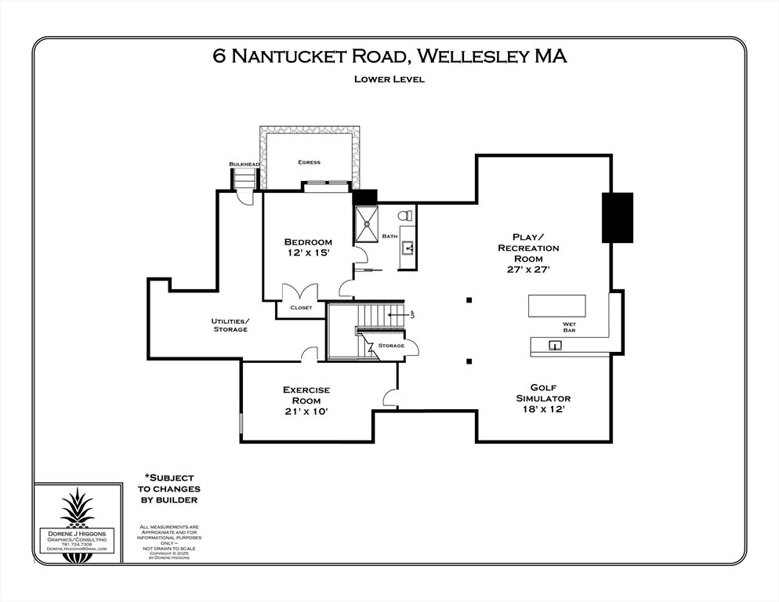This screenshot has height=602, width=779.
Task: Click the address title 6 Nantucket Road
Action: pyautogui.click(x=389, y=56)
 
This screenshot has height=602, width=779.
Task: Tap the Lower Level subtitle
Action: pyautogui.click(x=389, y=78)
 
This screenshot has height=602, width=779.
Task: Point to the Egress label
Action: pyautogui.click(x=309, y=162)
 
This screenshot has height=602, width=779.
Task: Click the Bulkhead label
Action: pyautogui.click(x=244, y=164)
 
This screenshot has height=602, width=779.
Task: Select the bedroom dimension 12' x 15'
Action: pyautogui.click(x=308, y=254)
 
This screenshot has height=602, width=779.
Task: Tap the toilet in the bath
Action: pyautogui.click(x=405, y=216)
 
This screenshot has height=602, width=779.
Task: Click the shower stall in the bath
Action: pyautogui.click(x=366, y=224)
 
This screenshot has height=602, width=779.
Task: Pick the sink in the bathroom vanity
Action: pyautogui.click(x=408, y=249)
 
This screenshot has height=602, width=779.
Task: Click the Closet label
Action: pyautogui.click(x=301, y=307)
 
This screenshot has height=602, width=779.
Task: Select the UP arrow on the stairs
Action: pyautogui.click(x=408, y=315)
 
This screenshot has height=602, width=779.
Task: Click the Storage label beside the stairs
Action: pyautogui.click(x=391, y=346)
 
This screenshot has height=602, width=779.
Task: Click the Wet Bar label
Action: pyautogui.click(x=570, y=328)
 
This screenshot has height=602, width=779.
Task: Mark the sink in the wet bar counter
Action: pyautogui.click(x=554, y=345)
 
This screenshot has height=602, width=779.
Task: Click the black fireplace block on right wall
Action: pyautogui.click(x=617, y=217)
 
